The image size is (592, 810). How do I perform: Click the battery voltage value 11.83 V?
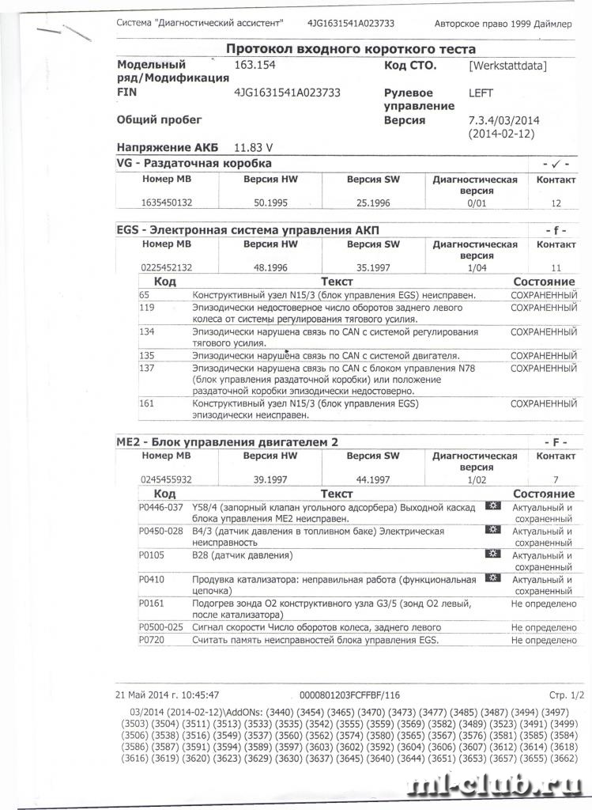(255, 147)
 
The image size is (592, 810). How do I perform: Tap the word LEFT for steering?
(481, 93)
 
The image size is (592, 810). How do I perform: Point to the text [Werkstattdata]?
(507, 66)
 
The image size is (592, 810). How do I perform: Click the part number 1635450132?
(167, 203)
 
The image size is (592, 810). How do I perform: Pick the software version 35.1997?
(373, 267)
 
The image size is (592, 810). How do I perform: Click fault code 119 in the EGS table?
(146, 307)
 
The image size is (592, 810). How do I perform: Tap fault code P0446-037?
(160, 507)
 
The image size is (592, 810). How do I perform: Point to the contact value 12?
(556, 203)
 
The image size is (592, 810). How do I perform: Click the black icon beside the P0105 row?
(493, 555)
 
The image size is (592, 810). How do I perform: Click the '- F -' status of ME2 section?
(556, 441)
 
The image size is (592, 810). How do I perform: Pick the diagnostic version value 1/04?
(475, 267)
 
